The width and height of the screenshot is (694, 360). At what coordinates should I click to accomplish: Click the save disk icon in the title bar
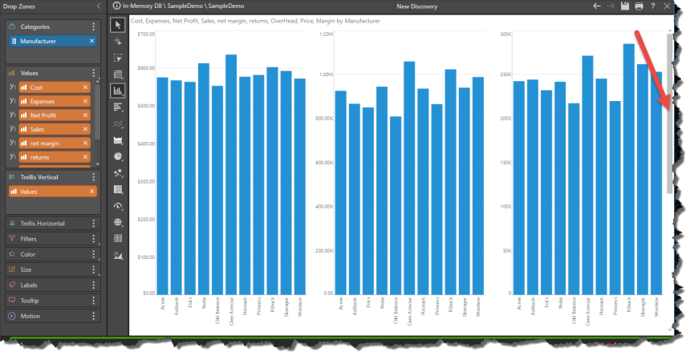coord(624,6)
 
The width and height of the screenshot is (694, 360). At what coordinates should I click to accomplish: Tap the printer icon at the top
coord(639,6)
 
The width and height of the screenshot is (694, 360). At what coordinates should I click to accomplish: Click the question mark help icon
coord(653,6)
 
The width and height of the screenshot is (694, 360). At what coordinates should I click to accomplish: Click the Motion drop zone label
coord(32,316)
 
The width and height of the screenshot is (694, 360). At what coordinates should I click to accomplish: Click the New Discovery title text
coord(416,6)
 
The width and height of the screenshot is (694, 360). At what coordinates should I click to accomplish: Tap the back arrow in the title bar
coord(596,6)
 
